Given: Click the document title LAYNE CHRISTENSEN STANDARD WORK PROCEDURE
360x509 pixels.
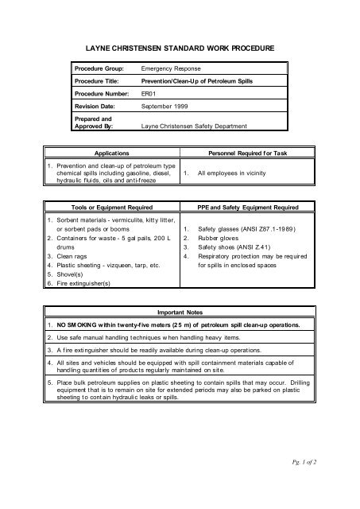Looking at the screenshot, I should click(x=179, y=49).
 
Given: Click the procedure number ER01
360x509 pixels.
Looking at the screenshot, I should click(x=149, y=93).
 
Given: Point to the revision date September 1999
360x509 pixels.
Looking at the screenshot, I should click(x=165, y=105).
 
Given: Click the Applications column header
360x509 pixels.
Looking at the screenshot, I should click(x=110, y=150).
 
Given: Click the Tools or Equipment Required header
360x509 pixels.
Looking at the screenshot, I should click(x=111, y=207).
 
